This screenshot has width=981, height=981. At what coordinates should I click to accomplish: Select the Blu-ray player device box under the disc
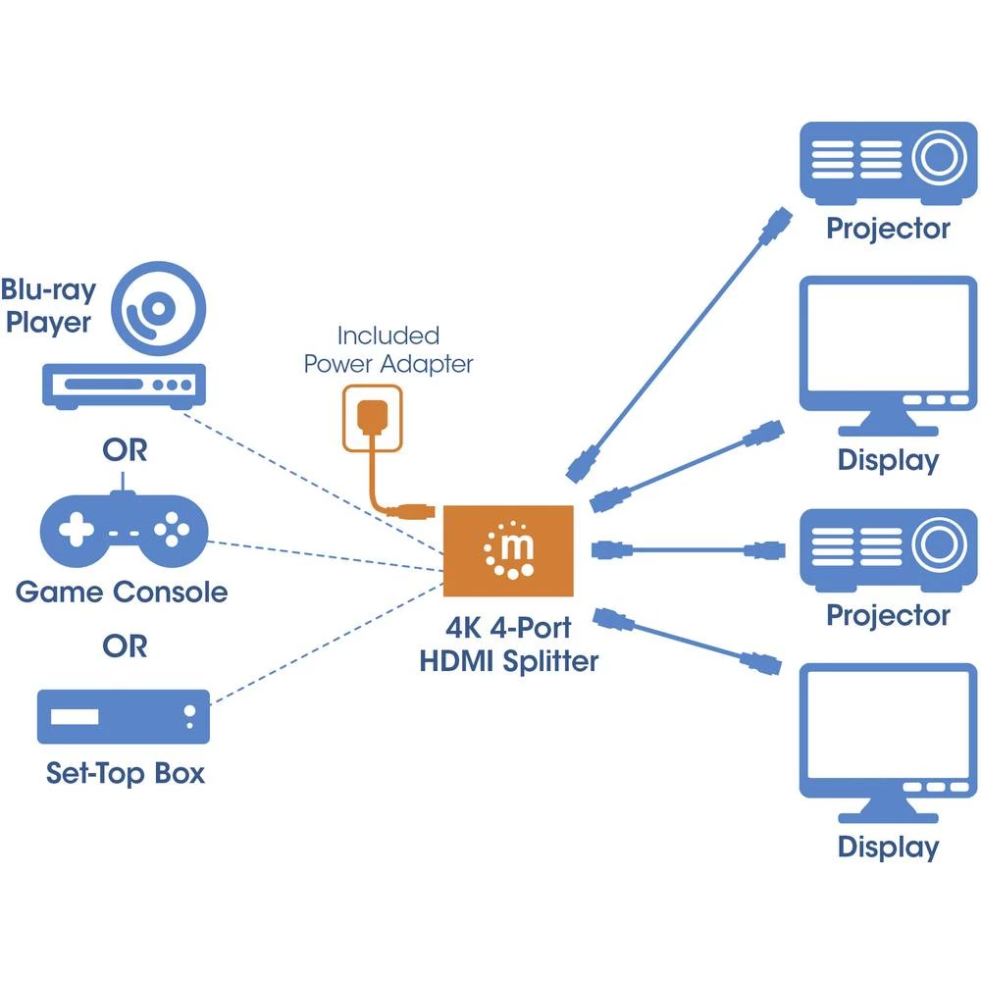point(125,384)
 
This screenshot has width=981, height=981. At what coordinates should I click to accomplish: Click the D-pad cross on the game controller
point(76,532)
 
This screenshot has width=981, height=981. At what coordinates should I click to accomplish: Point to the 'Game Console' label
point(122,593)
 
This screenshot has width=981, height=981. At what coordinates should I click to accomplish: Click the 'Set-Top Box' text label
point(126,773)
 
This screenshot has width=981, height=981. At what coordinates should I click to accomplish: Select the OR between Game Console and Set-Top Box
point(125,646)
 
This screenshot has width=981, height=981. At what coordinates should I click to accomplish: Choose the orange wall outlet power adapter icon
point(371,417)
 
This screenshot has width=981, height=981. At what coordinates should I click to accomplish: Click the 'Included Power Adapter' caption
point(388,350)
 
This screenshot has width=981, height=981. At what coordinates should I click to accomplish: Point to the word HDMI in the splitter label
point(457,661)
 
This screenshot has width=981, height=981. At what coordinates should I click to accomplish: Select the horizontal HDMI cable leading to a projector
point(687,549)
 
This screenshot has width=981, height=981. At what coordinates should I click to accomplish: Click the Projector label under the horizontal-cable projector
point(888,615)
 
